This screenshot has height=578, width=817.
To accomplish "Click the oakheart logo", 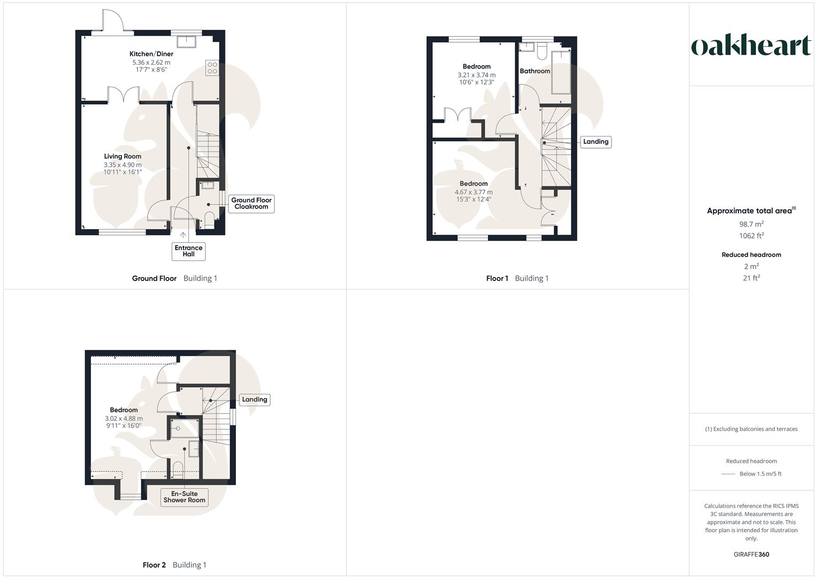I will (x=751, y=45).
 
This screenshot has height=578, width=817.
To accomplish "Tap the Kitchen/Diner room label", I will (x=151, y=54).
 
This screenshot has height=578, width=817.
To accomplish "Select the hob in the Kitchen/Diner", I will (x=212, y=68).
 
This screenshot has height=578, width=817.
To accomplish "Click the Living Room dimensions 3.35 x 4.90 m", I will (x=123, y=165).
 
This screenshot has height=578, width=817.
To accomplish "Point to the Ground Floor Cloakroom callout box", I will (x=251, y=203).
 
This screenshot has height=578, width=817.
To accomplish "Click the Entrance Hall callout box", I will (x=188, y=251).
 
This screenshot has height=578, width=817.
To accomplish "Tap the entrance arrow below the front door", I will (x=183, y=235).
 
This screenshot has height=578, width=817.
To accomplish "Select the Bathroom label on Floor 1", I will (x=535, y=71).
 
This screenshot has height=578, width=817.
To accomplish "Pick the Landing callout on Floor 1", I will (x=595, y=142).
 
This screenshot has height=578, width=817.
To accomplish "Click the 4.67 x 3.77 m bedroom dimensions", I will (x=474, y=192).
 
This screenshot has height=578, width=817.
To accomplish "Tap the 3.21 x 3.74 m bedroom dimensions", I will (x=476, y=75).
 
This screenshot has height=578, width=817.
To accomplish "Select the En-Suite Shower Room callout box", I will (x=184, y=497).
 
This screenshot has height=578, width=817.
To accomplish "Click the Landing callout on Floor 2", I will (x=254, y=399).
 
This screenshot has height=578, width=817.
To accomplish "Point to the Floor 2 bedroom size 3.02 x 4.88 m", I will (x=124, y=419).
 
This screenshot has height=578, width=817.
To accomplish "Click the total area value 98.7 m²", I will (x=751, y=224).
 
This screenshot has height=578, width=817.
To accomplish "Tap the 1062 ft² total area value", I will (x=751, y=235).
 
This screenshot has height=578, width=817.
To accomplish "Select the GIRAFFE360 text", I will (x=751, y=554).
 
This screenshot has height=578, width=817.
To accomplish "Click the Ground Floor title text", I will (x=154, y=278).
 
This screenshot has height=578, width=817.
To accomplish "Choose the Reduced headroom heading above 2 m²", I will (x=751, y=255).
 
